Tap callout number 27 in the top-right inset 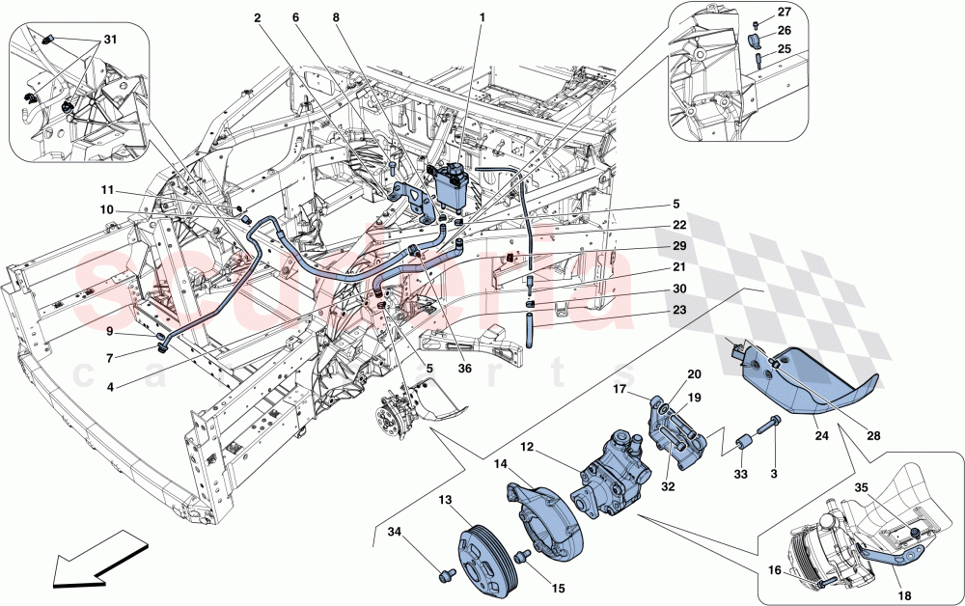pos(784,13)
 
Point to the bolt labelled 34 pos(445,575)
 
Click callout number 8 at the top pos(336,17)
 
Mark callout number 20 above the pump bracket pos(693,375)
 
